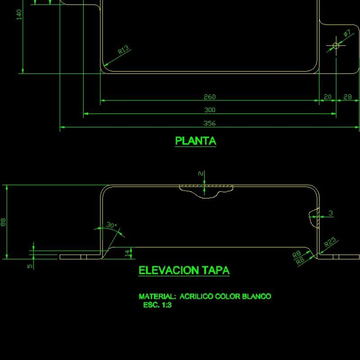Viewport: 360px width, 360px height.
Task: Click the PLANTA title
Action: (x=195, y=141)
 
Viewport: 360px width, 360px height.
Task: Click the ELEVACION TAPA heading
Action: (x=184, y=270)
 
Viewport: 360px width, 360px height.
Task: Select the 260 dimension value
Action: (x=210, y=97)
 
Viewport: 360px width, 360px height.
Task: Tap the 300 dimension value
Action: (x=210, y=110)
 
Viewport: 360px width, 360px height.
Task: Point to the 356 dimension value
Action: (x=210, y=123)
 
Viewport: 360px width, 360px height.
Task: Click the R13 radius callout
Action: (x=124, y=50)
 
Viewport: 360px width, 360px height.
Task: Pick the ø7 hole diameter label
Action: (x=347, y=34)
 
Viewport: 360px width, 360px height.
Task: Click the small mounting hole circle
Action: (x=336, y=45)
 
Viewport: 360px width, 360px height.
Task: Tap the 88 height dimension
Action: (x=4, y=222)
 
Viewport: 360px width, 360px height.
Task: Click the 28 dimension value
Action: (x=347, y=97)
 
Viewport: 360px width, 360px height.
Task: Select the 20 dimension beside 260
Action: (x=327, y=97)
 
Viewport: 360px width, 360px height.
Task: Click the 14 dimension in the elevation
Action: (x=127, y=253)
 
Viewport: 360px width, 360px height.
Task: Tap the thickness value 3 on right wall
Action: (x=331, y=213)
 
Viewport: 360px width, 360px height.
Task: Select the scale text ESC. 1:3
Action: (x=157, y=305)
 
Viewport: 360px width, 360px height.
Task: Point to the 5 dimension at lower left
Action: (x=30, y=266)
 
